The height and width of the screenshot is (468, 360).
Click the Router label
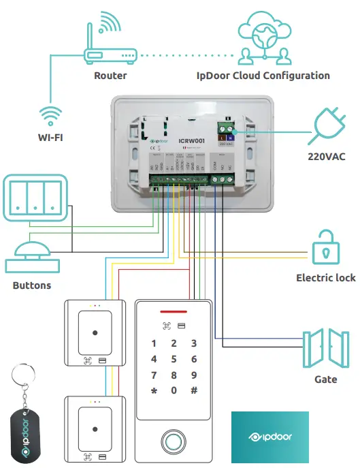tap(110, 76)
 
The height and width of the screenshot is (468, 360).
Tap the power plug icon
tap(328, 127)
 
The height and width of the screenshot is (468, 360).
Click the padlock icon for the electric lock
tap(327, 247)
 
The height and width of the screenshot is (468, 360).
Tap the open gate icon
tap(325, 348)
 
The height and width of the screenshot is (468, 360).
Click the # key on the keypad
tap(194, 390)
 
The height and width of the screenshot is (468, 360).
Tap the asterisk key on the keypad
tap(154, 390)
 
